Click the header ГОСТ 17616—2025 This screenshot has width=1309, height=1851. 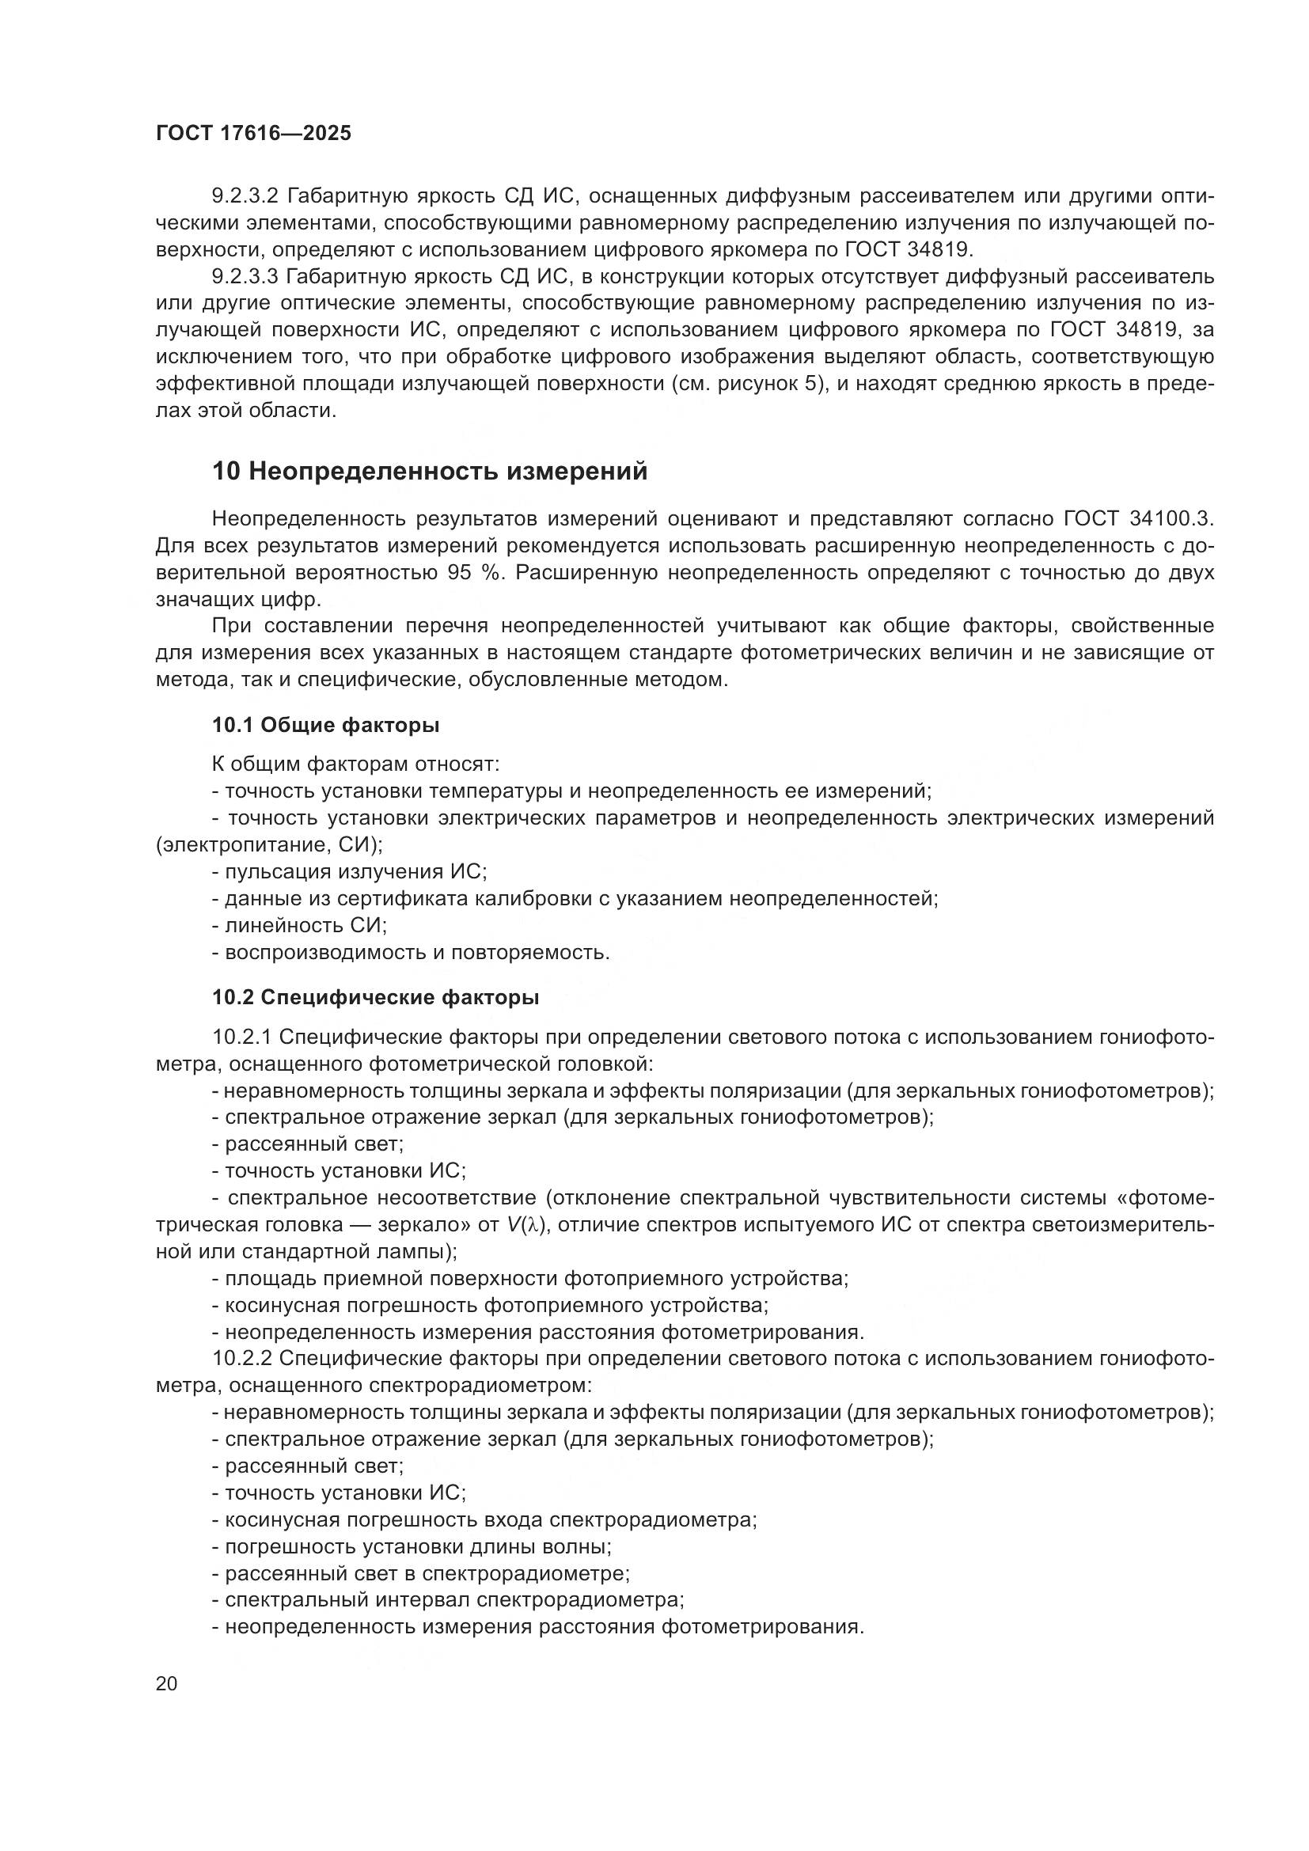(x=254, y=134)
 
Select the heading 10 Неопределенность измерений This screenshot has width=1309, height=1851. (x=430, y=471)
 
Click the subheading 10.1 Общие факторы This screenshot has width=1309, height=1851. (x=325, y=725)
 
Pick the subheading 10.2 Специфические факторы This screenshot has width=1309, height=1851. (x=376, y=997)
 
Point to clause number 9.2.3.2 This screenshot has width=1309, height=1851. (x=245, y=196)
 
